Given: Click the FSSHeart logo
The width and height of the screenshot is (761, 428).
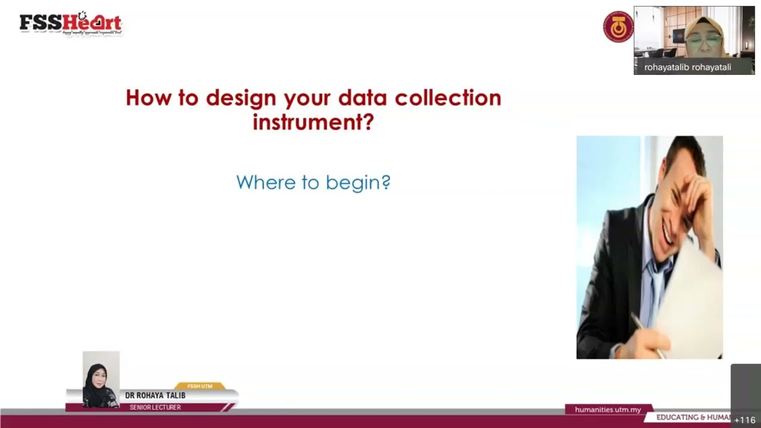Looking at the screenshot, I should [x=70, y=23].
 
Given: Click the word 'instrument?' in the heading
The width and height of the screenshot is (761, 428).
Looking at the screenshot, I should [x=313, y=122].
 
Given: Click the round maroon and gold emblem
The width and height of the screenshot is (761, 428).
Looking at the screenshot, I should [x=618, y=27].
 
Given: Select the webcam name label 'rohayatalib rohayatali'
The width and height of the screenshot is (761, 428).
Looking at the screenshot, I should [x=687, y=67].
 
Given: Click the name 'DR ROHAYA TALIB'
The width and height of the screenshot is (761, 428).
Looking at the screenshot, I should [x=155, y=395].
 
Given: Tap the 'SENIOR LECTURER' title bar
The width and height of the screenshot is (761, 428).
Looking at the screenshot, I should [x=155, y=407].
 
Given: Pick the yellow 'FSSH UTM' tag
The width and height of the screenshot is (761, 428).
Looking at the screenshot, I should [x=200, y=386].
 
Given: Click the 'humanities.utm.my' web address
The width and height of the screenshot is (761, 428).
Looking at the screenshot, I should [x=608, y=410].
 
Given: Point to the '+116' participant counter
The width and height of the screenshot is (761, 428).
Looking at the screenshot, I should [x=744, y=420].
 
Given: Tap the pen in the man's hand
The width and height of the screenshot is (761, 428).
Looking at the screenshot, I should [x=647, y=335].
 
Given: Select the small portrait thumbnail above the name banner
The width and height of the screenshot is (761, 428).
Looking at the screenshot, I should [x=101, y=379].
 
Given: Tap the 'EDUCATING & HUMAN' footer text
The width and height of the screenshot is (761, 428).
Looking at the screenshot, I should [x=693, y=417].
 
